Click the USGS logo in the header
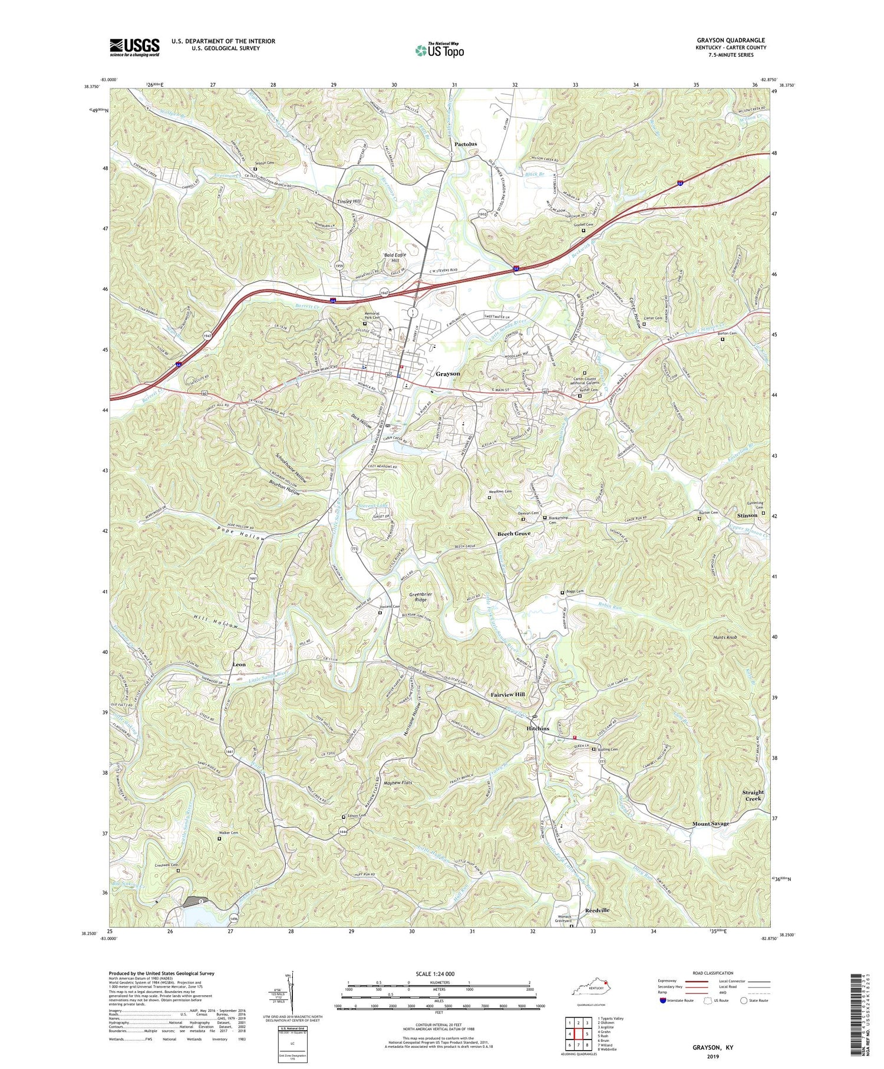134,47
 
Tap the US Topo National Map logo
439,50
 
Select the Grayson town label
448,374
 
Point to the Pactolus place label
466,144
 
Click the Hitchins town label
537,728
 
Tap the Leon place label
239,665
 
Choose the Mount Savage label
710,824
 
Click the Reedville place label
597,910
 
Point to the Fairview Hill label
507,695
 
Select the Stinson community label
747,515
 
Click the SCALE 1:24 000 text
424,973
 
